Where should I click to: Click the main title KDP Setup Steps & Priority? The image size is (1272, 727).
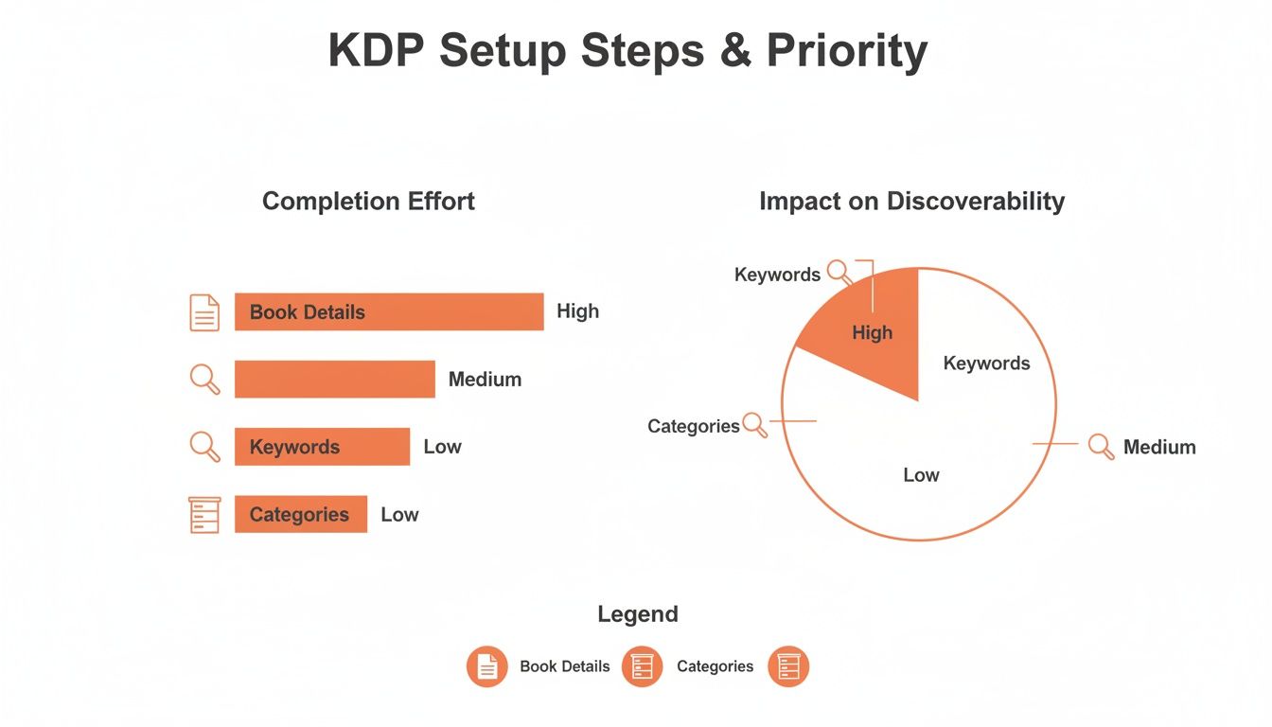click(x=627, y=51)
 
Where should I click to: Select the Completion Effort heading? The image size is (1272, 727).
click(x=368, y=201)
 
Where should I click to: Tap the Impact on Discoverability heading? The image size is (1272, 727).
click(x=911, y=201)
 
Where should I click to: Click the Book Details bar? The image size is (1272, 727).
click(x=389, y=312)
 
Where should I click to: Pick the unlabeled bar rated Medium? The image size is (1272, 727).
click(x=334, y=380)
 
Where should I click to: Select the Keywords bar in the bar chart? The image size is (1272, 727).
click(x=322, y=447)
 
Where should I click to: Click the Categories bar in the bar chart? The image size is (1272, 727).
click(x=300, y=514)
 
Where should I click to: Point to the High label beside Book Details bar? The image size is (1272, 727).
click(x=577, y=311)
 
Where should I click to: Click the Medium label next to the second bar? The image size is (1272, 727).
click(x=485, y=380)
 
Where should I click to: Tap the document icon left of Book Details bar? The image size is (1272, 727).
click(x=204, y=312)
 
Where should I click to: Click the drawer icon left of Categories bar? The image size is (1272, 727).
click(x=204, y=514)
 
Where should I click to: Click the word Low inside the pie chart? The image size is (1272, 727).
click(x=921, y=475)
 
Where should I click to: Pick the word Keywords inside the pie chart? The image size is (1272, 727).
click(x=986, y=363)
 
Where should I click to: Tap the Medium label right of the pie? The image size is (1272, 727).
click(x=1159, y=447)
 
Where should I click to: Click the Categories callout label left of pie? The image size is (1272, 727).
click(x=693, y=426)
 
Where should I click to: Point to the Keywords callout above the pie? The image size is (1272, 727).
click(x=777, y=275)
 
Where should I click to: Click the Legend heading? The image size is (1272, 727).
click(x=637, y=614)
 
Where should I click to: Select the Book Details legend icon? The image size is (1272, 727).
click(x=486, y=666)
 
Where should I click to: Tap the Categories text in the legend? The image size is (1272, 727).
click(x=715, y=666)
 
